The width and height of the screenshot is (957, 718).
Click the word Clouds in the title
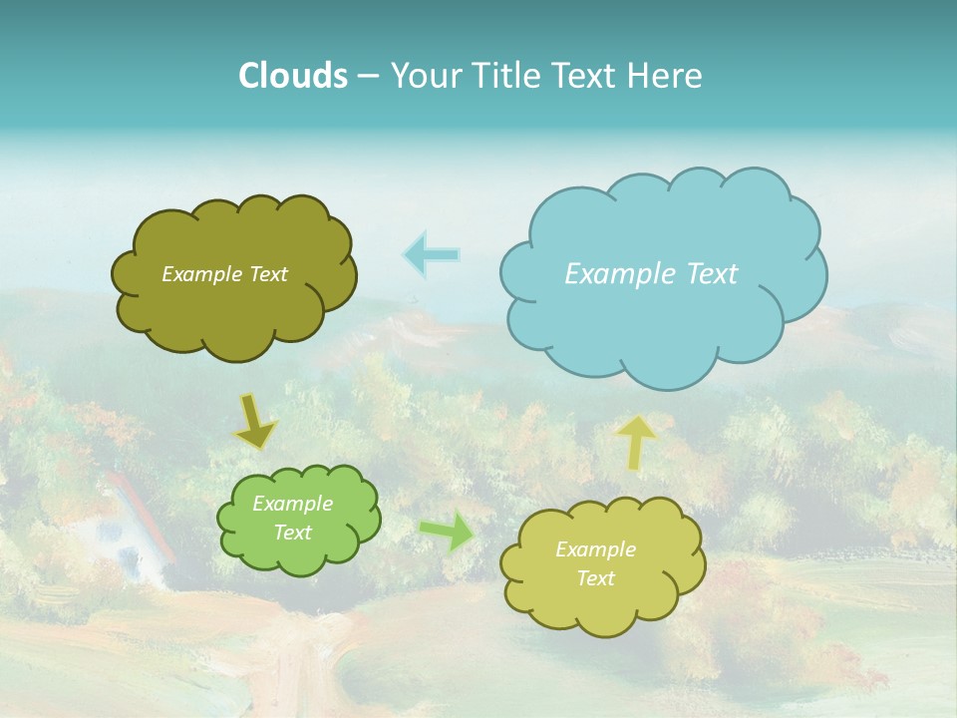point(292,76)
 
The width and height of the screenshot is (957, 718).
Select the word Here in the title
point(666,76)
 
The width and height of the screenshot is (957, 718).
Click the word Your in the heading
point(426,76)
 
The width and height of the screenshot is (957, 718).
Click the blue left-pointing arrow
point(432,254)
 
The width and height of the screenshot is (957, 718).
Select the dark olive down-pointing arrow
point(255,422)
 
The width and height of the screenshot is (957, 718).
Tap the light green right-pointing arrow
point(448,532)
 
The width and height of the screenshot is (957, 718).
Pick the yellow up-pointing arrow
point(636,442)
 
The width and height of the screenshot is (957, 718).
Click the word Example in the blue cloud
point(609,274)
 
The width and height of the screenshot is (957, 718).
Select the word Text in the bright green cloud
point(293,533)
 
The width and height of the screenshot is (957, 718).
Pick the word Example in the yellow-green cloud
point(595,549)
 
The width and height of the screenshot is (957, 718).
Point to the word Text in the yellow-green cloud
point(595,578)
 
